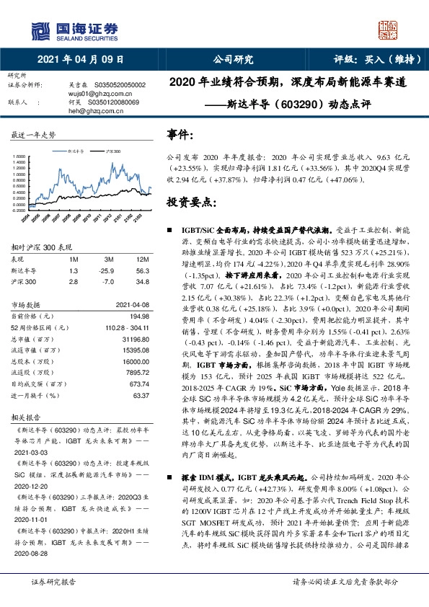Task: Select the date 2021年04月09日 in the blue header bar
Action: pyautogui.click(x=80, y=60)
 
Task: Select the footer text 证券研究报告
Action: pyautogui.click(x=53, y=582)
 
